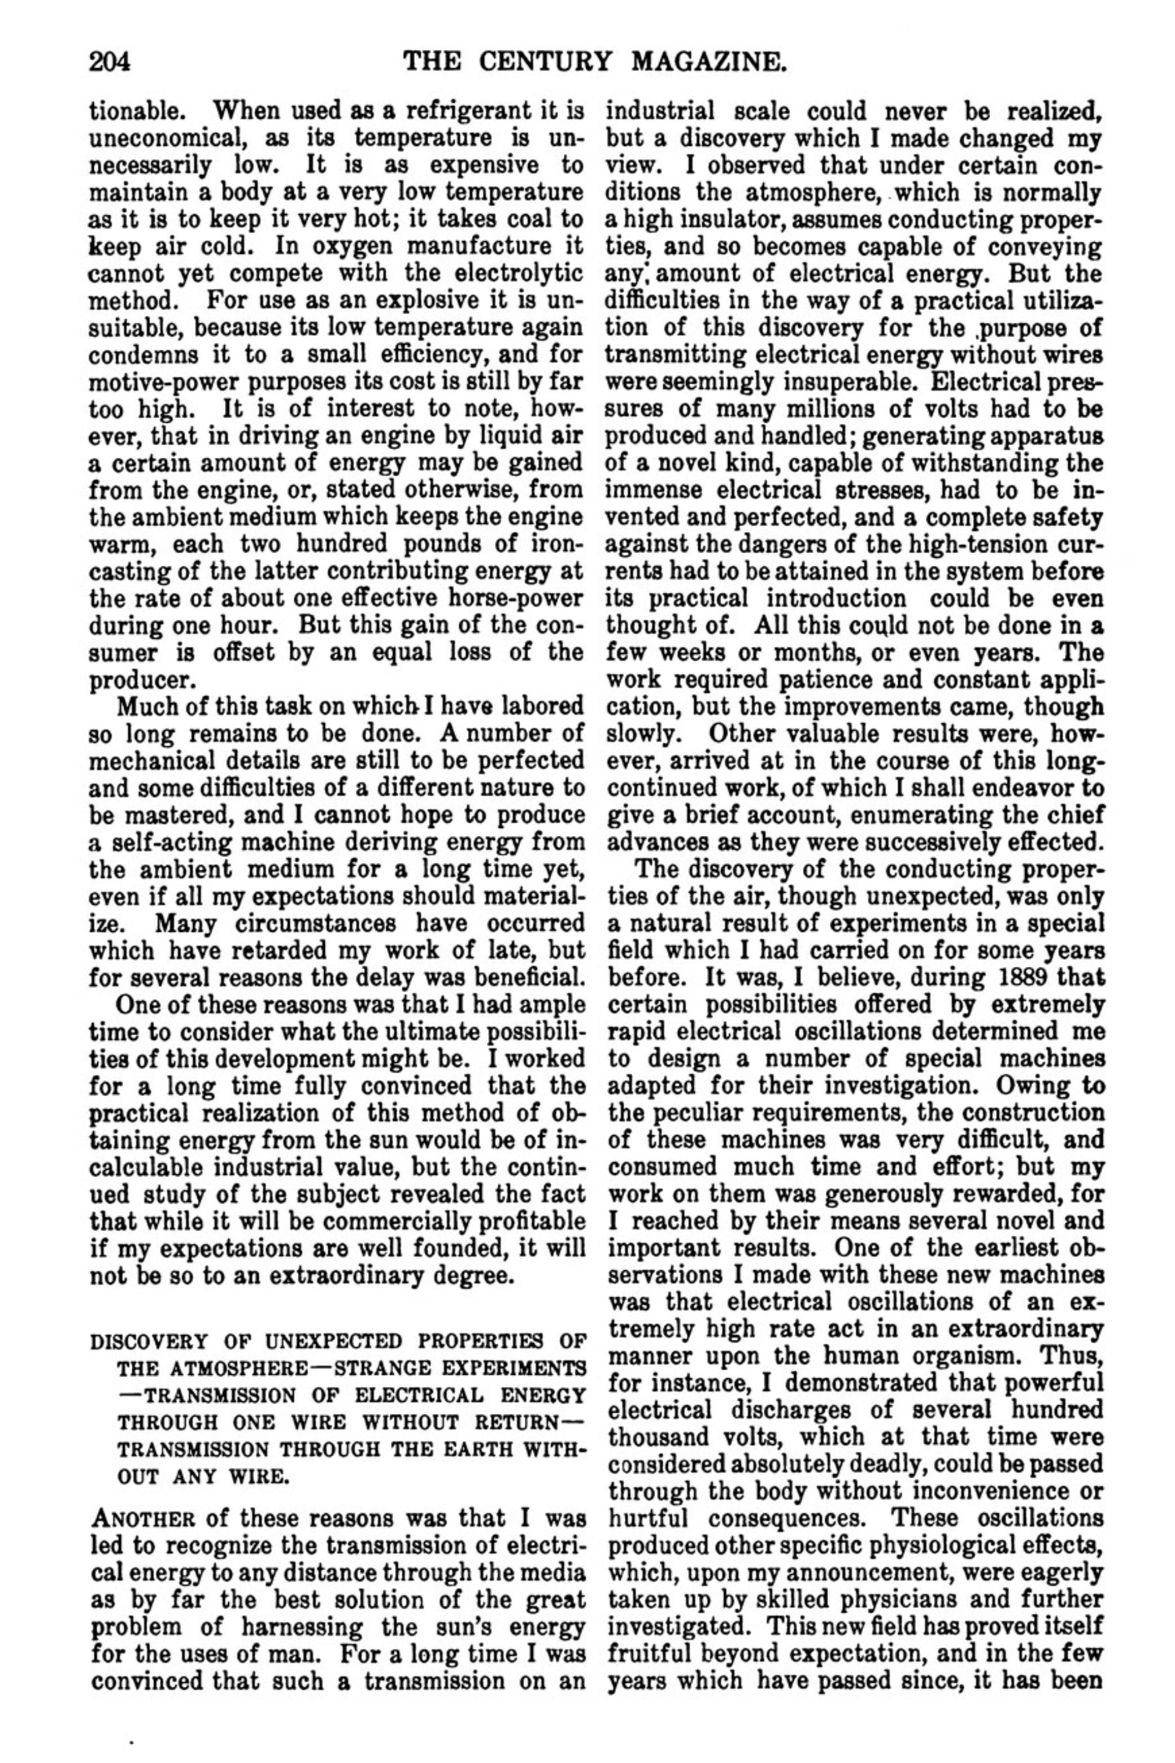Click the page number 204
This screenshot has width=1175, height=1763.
tap(110, 60)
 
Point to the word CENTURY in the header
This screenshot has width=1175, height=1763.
tap(550, 60)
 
